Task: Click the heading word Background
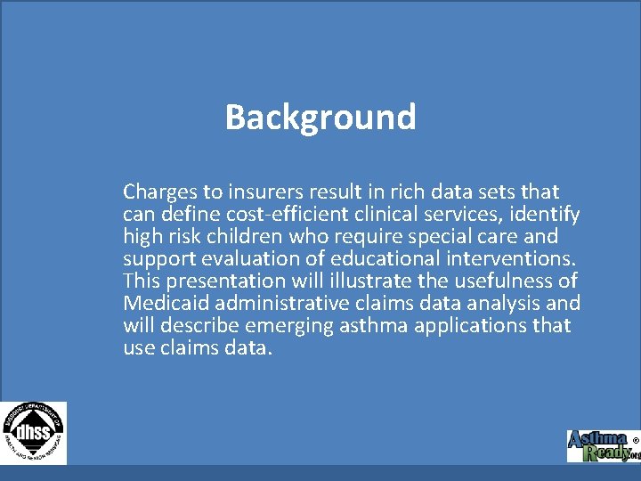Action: tap(320, 117)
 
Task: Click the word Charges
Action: tap(156, 192)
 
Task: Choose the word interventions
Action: tap(513, 258)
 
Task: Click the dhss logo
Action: tap(33, 432)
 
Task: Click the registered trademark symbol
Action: tap(635, 440)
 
